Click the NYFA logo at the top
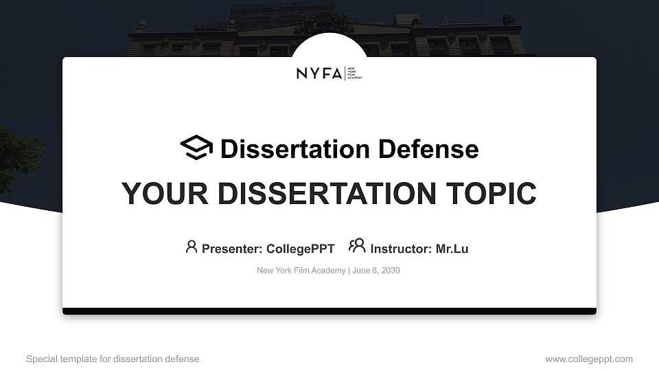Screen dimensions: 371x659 (329, 74)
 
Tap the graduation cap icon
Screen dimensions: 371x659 (196, 148)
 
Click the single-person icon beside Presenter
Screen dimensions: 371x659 (192, 247)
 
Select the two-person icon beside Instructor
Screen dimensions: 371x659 (357, 246)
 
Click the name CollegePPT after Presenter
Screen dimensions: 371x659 (300, 249)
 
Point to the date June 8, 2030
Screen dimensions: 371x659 (377, 271)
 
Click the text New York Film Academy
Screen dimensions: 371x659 (301, 271)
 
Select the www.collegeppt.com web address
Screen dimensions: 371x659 (589, 359)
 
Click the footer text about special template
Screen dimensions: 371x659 (113, 359)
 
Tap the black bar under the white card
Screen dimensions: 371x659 (329, 311)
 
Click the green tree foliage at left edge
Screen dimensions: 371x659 (17, 155)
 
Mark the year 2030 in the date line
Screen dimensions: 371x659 (390, 271)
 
